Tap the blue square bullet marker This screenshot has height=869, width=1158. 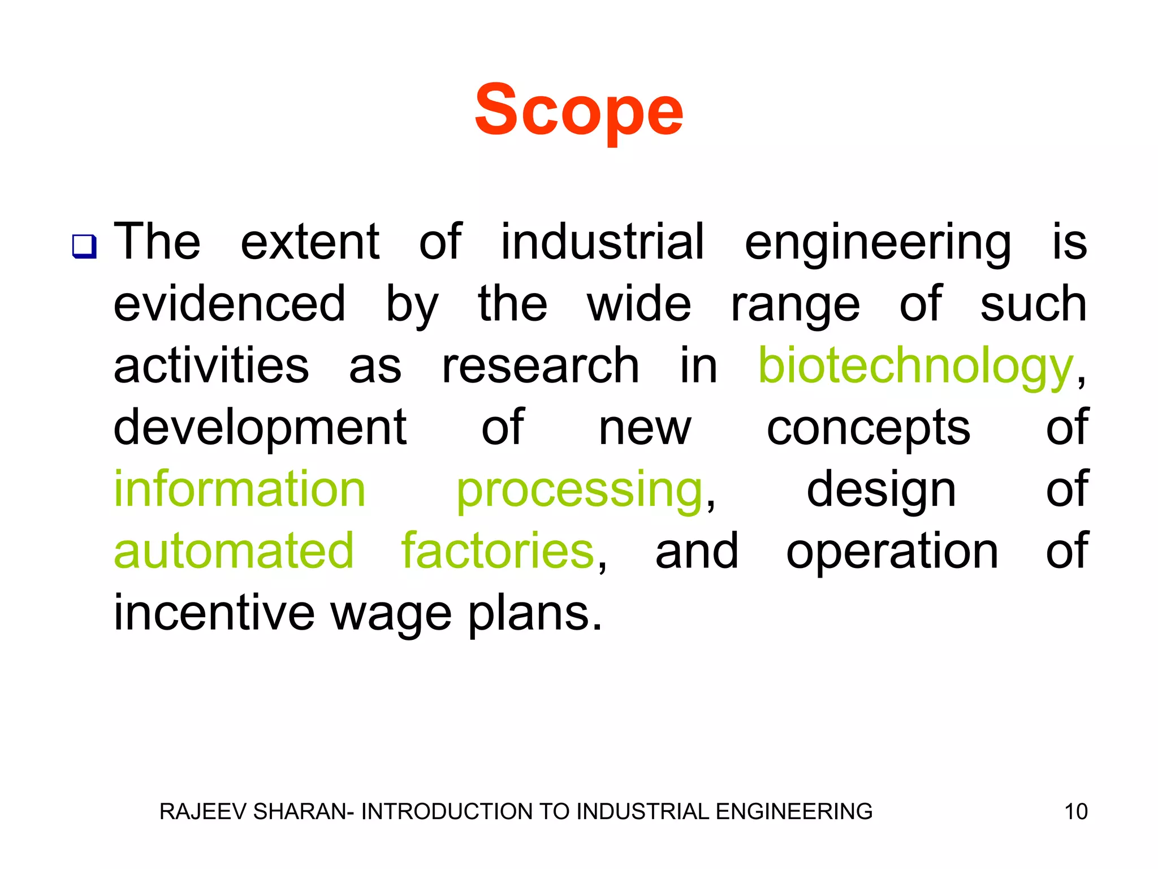[x=84, y=247]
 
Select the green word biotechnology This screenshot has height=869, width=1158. [x=915, y=367]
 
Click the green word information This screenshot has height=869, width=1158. [x=240, y=489]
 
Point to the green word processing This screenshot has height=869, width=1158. [x=579, y=491]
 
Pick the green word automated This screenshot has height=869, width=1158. [x=234, y=551]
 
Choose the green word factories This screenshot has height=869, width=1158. [x=498, y=551]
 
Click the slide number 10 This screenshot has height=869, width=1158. [x=1075, y=812]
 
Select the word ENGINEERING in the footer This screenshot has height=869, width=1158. [x=794, y=812]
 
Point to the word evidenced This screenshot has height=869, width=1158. [x=230, y=304]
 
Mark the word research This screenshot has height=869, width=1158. [x=540, y=367]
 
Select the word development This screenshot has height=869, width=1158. [x=260, y=429]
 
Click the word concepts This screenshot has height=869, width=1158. [x=868, y=429]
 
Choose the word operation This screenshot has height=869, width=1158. [x=892, y=552]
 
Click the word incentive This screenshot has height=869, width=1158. [x=214, y=613]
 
